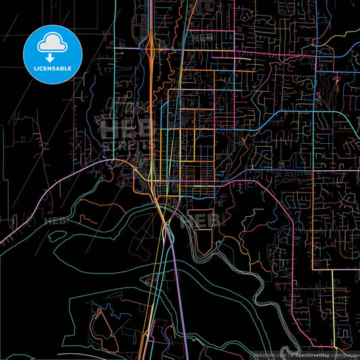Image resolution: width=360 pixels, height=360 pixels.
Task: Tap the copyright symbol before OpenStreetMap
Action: click(x=292, y=354)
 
